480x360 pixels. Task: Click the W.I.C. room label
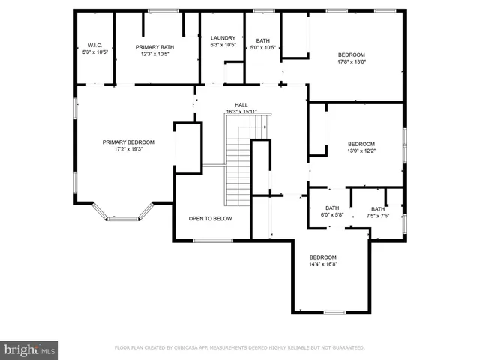[94, 46]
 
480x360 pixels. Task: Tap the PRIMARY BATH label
[154, 46]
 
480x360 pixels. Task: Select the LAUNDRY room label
[223, 38]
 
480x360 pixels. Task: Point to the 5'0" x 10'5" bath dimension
[262, 47]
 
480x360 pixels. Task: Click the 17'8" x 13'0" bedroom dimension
[351, 61]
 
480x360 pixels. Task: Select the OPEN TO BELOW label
[210, 218]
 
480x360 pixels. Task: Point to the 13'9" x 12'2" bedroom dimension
[361, 151]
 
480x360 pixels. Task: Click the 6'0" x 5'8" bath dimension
[331, 215]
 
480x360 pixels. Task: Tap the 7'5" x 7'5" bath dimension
[377, 215]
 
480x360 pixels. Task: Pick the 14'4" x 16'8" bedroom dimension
[323, 263]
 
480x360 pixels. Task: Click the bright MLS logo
[30, 349]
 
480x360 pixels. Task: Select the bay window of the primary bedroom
[122, 218]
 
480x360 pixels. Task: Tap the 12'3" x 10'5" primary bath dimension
[154, 53]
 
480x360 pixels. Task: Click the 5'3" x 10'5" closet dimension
[94, 52]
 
